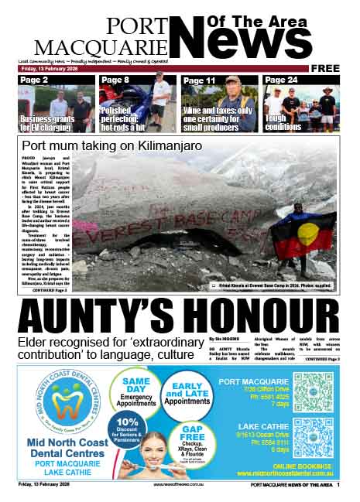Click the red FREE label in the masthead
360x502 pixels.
coord(325,69)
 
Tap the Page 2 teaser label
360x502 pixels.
coord(34,80)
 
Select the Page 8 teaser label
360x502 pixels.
coord(115,80)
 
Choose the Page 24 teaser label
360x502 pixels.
coord(280,80)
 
